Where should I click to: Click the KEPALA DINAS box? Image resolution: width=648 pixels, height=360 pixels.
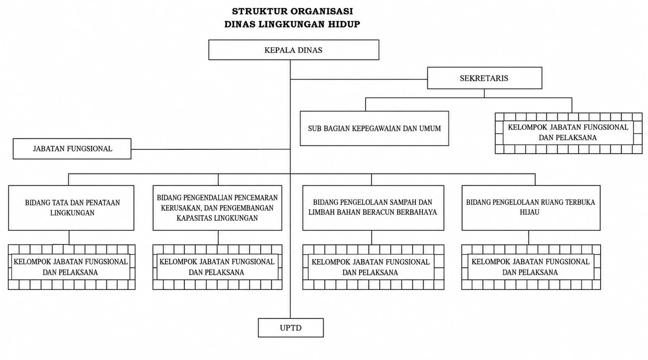coord(294,50)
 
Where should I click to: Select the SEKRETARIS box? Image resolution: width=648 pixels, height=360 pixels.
coord(484,78)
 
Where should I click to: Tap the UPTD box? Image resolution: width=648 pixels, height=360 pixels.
coord(291,328)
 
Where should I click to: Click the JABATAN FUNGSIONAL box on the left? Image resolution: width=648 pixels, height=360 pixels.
coord(72,149)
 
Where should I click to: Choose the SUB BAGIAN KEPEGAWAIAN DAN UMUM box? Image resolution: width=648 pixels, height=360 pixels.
coord(374,128)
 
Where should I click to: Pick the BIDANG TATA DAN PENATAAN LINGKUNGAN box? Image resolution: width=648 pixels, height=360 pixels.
coord(71,208)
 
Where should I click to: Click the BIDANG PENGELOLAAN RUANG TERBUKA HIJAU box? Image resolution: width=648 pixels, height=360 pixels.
coord(531,208)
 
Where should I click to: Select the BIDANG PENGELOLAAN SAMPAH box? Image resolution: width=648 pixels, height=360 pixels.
coord(373,208)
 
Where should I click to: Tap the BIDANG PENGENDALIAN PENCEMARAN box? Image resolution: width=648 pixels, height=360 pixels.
coord(217,208)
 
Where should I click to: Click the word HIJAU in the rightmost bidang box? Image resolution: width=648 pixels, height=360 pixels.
coord(529,212)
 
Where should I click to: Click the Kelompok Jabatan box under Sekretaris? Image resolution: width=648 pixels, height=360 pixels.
coord(569,133)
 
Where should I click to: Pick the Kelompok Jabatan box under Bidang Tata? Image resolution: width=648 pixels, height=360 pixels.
coord(71,267)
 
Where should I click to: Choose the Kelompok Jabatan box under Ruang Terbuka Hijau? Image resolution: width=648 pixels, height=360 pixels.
coord(531,267)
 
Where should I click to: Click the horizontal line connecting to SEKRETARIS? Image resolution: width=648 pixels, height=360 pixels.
coord(359,79)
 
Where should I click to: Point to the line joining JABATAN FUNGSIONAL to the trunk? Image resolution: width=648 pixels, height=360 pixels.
coord(211,149)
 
